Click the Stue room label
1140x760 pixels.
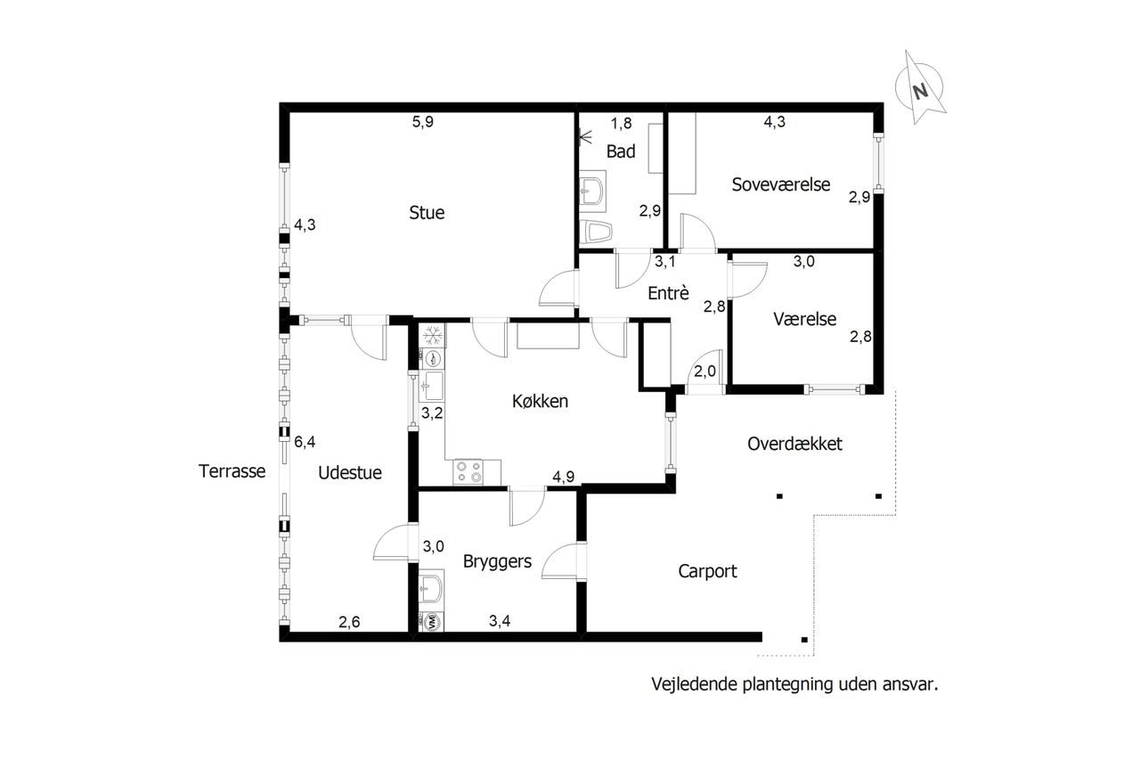pos(427,212)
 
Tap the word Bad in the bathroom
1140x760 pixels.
pos(621,151)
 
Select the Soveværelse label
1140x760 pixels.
pos(781,184)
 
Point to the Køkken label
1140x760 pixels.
pos(540,401)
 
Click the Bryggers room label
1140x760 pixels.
pos(497,562)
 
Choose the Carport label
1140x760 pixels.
pos(707,572)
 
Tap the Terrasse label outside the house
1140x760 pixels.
pos(232,471)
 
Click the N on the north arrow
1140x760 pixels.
pos(920,92)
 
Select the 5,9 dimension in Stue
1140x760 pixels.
pos(422,122)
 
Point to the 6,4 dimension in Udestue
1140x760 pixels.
pos(305,441)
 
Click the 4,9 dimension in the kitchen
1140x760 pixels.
pos(564,477)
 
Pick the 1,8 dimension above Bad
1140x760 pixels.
pos(621,123)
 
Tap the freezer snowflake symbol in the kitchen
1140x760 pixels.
pos(433,336)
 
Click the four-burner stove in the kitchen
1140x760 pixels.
pos(468,472)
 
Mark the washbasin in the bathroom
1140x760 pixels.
pos(592,191)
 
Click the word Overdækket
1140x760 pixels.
pos(794,444)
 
